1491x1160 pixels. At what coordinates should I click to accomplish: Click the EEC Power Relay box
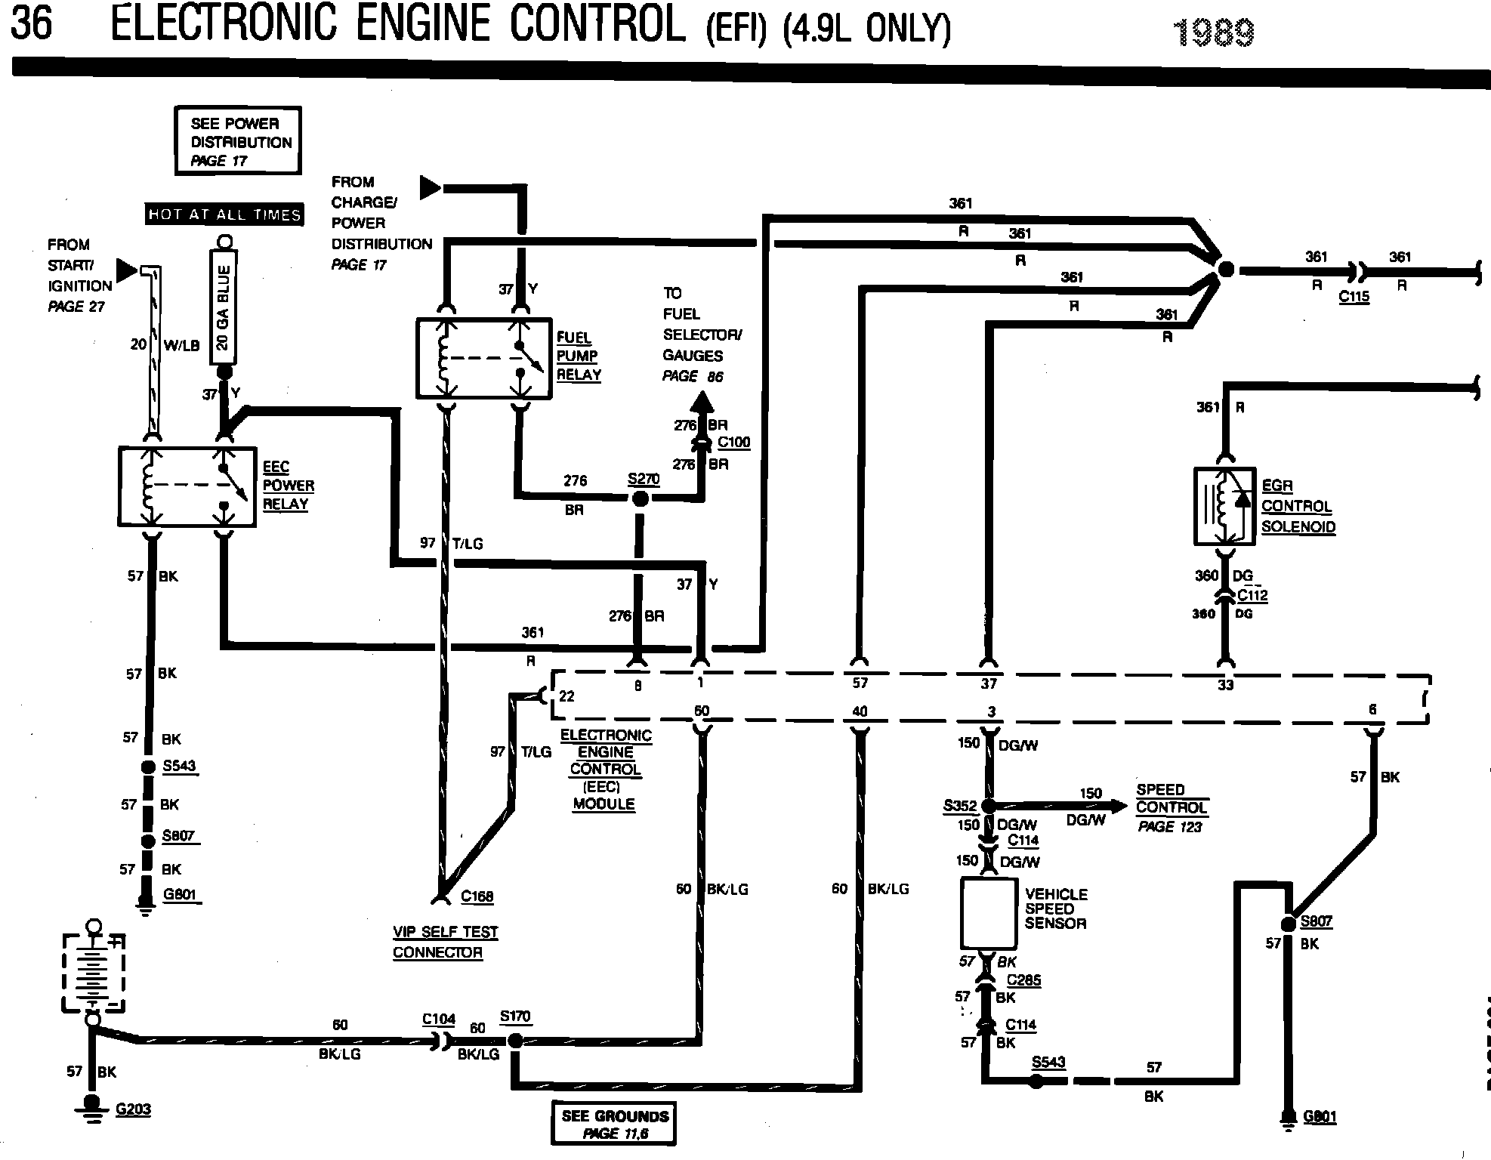coord(187,486)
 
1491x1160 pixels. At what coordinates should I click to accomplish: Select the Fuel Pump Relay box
coord(483,358)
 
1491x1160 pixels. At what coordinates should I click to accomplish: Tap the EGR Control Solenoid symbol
coord(1225,506)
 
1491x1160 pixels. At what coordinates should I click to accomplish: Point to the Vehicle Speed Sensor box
coord(989,914)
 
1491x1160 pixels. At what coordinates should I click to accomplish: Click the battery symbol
coord(93,973)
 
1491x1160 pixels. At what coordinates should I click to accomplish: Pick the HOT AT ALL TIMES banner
coord(224,214)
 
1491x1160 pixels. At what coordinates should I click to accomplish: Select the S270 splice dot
coord(640,498)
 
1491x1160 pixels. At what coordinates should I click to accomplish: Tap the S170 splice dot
coord(515,1041)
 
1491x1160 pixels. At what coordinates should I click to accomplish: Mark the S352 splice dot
coord(988,806)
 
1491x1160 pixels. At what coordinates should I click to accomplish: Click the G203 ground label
coord(133,1109)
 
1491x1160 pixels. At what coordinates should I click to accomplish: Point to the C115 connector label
coord(1354,297)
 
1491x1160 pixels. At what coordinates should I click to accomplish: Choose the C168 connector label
coord(477,896)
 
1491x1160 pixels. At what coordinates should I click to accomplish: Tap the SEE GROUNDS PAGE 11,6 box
coord(614,1124)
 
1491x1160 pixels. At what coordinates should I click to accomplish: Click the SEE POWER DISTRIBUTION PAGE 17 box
coord(238,141)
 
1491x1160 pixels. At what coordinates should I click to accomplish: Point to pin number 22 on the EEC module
coord(566,696)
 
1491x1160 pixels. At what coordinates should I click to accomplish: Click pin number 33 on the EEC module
coord(1225,685)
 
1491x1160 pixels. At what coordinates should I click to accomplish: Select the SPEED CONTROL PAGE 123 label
coord(1171,807)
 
